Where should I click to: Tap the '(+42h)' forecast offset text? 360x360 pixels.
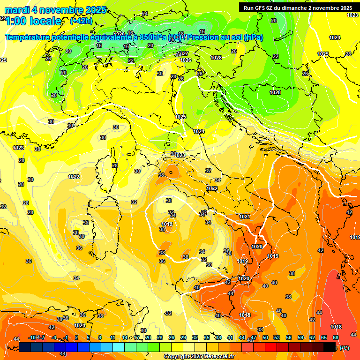[81, 21]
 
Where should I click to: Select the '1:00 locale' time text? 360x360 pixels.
[33, 21]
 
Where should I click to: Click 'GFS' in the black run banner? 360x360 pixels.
[263, 8]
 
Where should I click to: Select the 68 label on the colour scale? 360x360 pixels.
[336, 337]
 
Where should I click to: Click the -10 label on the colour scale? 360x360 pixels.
[32, 337]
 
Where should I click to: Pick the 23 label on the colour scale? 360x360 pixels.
[160, 337]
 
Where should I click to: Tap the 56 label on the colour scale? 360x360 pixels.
[289, 337]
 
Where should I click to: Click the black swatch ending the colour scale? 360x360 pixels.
[330, 347]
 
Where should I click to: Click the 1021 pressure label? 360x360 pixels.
[244, 217]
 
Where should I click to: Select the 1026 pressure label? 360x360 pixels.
[186, 60]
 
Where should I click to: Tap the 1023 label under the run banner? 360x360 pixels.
[352, 15]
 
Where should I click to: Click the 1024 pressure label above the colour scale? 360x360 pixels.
[80, 325]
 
